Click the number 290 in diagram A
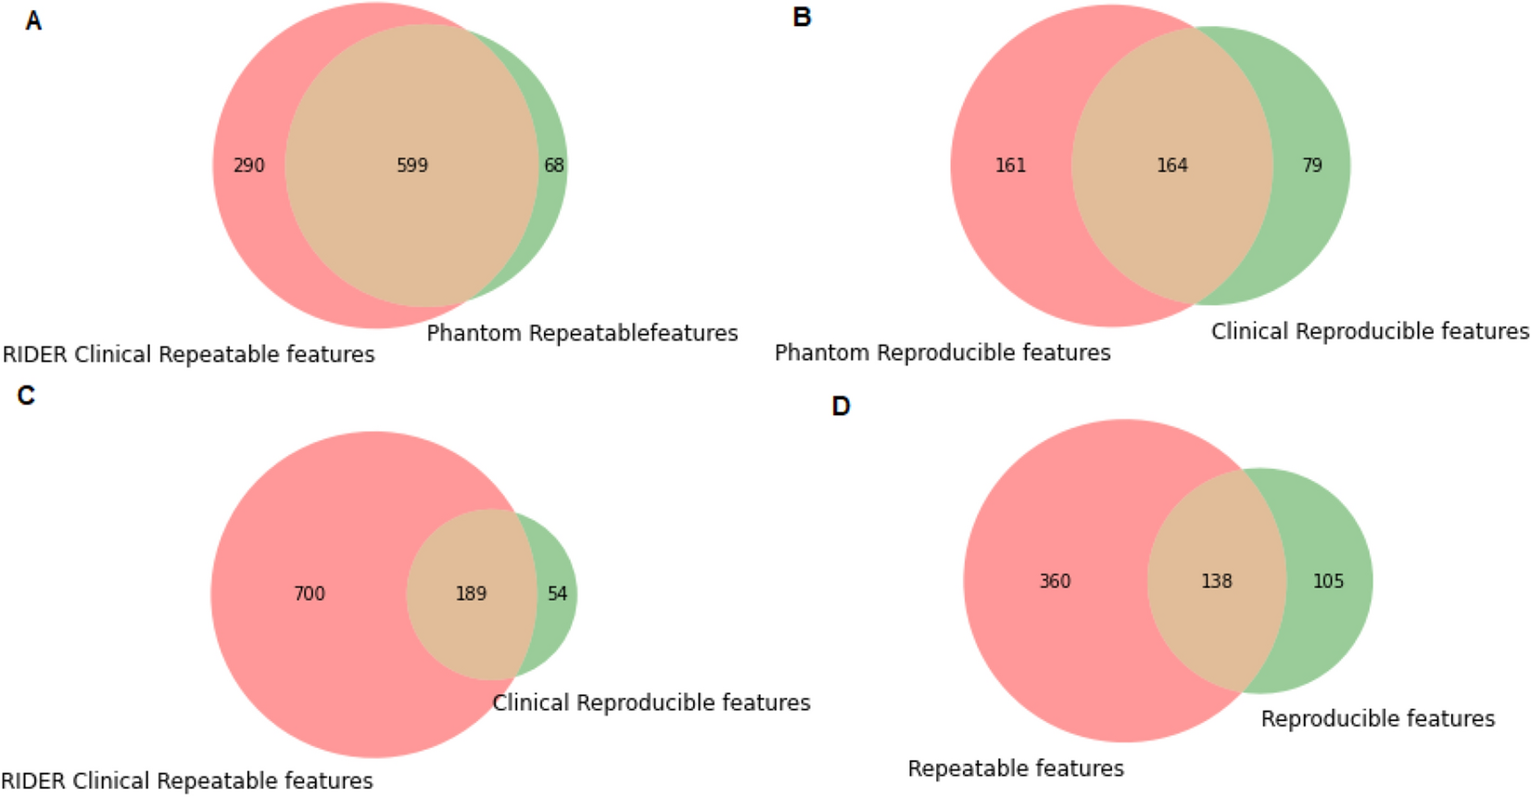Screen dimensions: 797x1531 click(248, 166)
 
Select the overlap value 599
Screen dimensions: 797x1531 click(412, 166)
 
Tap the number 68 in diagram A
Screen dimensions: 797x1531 click(553, 166)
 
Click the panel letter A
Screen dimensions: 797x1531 click(33, 21)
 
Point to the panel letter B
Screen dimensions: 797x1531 click(802, 18)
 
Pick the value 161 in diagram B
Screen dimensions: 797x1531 click(1010, 166)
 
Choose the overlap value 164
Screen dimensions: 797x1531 click(1171, 166)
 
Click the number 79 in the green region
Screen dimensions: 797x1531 click(1311, 166)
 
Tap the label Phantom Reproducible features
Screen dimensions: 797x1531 click(942, 353)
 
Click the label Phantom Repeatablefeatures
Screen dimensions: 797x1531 click(582, 333)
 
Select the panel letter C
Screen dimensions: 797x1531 click(26, 396)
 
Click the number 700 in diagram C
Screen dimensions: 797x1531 click(310, 594)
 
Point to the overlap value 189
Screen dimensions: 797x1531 click(471, 594)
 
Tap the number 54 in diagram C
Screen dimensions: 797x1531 click(557, 594)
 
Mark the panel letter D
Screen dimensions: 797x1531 click(841, 407)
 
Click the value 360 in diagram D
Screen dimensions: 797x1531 click(1055, 581)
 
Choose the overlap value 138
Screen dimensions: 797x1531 click(1216, 581)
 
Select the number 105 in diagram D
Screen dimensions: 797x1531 click(1327, 581)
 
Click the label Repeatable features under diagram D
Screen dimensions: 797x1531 click(1015, 768)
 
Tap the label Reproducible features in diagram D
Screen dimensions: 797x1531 click(1377, 719)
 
